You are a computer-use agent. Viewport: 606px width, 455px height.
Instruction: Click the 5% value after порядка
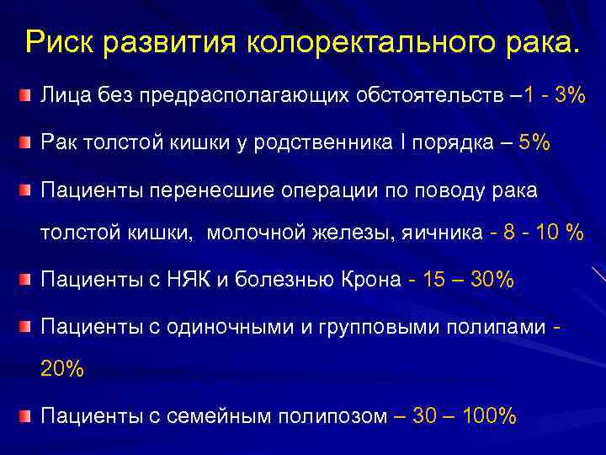(x=535, y=143)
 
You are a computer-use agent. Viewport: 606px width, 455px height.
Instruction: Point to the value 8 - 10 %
(x=536, y=234)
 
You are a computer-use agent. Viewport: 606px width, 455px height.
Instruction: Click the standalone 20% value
(x=62, y=369)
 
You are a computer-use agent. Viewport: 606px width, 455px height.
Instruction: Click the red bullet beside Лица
(x=28, y=97)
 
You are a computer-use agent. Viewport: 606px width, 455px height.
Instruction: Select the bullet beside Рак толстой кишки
(x=28, y=143)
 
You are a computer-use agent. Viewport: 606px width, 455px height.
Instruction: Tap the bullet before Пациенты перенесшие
(x=28, y=190)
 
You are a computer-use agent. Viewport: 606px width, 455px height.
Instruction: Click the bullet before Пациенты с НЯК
(x=28, y=281)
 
